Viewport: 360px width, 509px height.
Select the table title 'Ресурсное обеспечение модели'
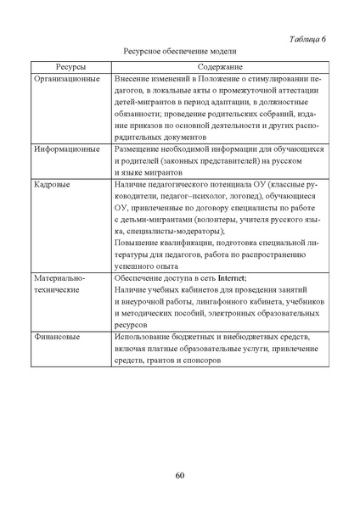coord(179,52)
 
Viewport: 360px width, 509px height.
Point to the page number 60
coord(180,475)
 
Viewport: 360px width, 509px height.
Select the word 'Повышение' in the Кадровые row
coord(137,243)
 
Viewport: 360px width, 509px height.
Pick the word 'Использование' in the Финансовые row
coord(144,337)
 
